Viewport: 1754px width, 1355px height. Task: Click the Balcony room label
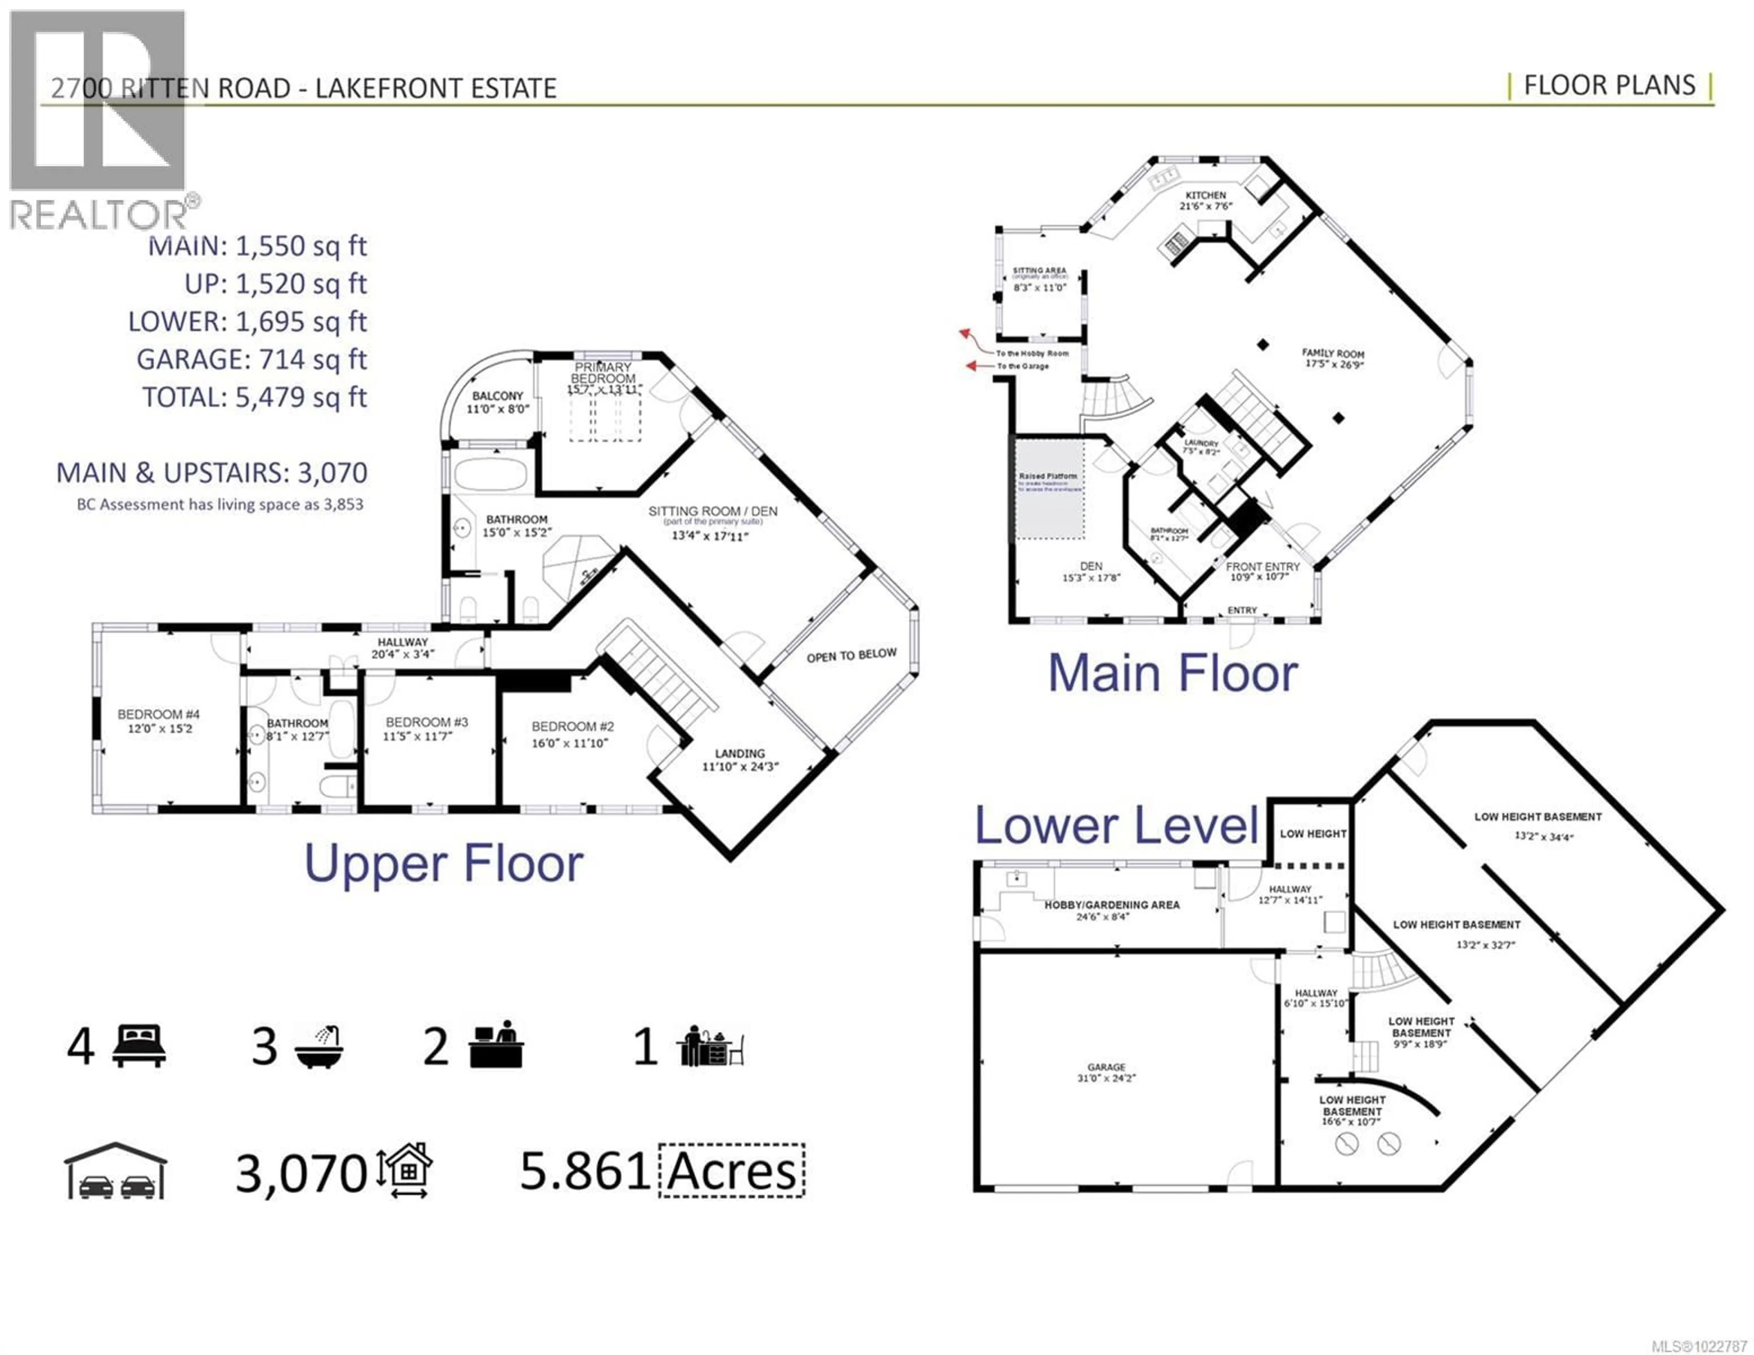(x=497, y=396)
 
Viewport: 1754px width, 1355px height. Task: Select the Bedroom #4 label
(x=158, y=714)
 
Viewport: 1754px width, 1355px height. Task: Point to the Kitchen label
(x=1205, y=195)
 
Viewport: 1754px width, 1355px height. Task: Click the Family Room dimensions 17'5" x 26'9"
(x=1334, y=364)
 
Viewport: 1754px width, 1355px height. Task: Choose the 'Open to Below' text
(x=851, y=655)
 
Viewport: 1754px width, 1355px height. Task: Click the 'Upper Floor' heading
(x=444, y=864)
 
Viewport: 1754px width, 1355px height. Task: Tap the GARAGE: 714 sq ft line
(x=251, y=359)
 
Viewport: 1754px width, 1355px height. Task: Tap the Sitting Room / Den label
(x=713, y=511)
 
